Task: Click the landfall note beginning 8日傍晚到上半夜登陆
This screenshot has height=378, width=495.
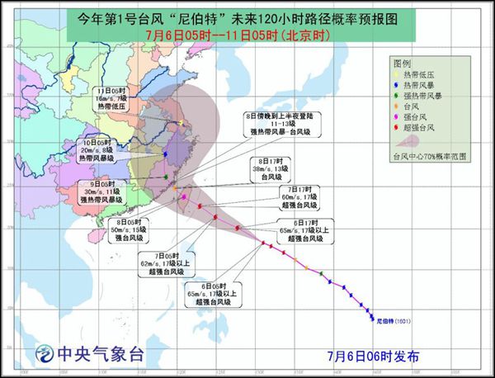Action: coord(280,125)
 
